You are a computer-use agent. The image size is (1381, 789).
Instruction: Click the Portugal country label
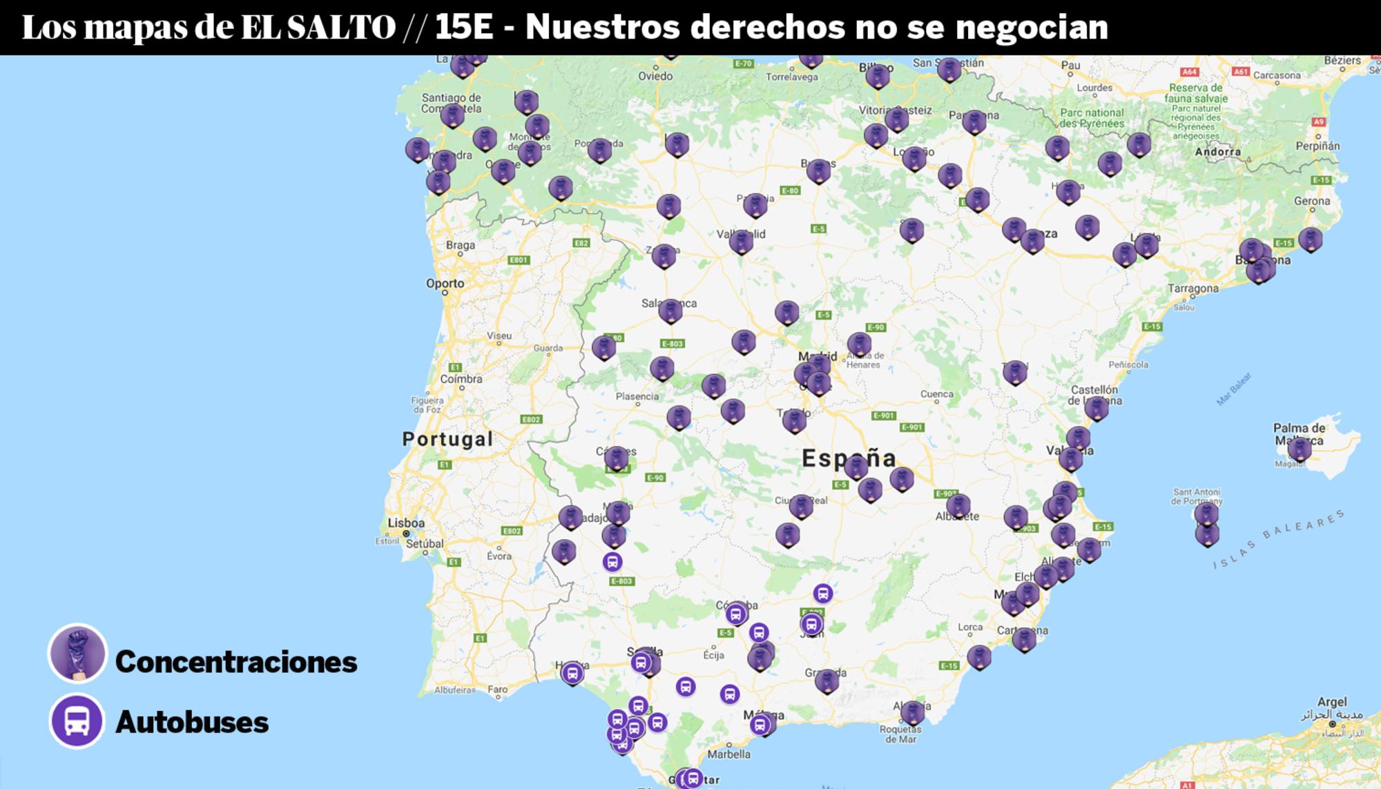(x=447, y=439)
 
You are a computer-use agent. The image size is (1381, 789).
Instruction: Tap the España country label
(x=849, y=458)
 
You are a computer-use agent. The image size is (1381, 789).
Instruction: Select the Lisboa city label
(x=406, y=523)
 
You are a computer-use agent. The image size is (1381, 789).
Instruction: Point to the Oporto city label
(x=445, y=284)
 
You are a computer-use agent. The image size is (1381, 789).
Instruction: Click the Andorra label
(x=1217, y=152)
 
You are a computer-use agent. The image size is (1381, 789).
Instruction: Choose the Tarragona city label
(x=1193, y=289)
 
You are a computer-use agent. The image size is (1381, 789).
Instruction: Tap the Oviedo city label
(x=655, y=76)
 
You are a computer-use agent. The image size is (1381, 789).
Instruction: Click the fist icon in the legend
(x=77, y=653)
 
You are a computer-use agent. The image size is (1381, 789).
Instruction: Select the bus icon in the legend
(x=77, y=721)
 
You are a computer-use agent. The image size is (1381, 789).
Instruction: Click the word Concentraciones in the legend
(x=236, y=662)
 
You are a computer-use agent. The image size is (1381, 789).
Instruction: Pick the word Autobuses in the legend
(x=192, y=723)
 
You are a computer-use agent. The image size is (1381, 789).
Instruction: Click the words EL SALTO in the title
(x=318, y=28)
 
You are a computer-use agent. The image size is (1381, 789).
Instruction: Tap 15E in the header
(x=464, y=28)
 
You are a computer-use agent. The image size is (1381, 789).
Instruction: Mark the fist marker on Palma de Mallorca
(x=1300, y=449)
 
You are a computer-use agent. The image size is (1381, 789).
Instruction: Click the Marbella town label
(x=728, y=754)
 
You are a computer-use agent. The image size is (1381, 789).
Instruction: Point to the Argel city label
(x=1332, y=702)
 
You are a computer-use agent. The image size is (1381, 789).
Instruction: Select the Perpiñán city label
(x=1317, y=146)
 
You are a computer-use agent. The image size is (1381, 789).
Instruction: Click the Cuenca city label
(x=936, y=394)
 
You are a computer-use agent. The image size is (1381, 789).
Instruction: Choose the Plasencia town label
(x=637, y=396)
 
